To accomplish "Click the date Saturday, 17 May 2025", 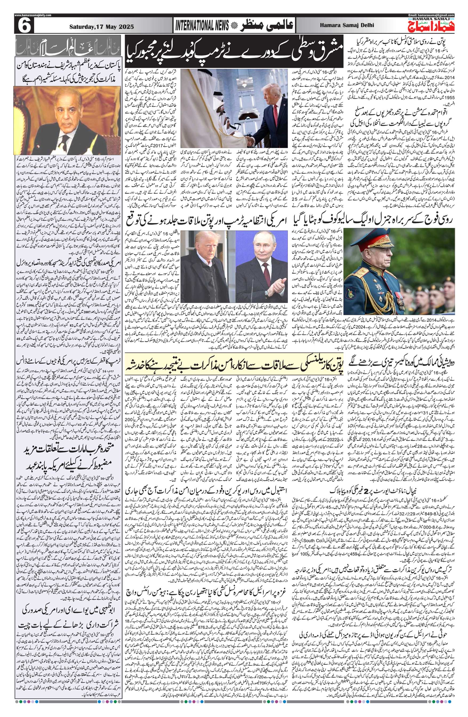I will tap(102, 27).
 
